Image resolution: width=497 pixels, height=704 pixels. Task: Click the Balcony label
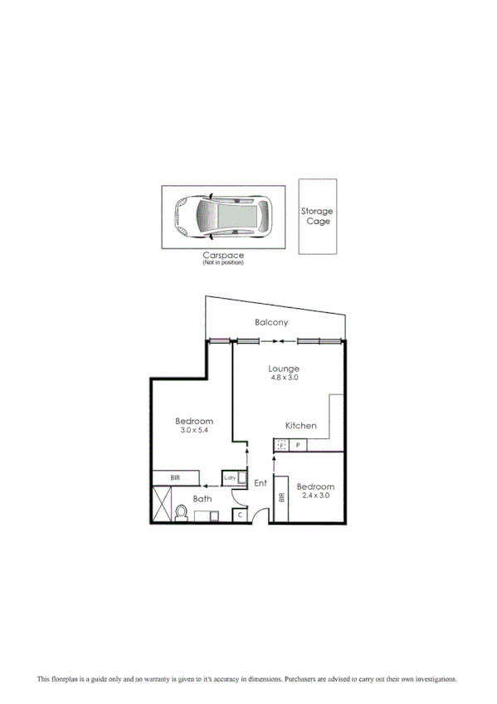pyautogui.click(x=271, y=322)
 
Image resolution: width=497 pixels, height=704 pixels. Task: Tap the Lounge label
pyautogui.click(x=284, y=369)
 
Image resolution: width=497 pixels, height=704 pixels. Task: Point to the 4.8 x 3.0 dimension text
pyautogui.click(x=284, y=378)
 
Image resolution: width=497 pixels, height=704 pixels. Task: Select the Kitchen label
pyautogui.click(x=301, y=426)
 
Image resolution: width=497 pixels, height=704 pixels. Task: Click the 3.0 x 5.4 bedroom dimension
pyautogui.click(x=195, y=431)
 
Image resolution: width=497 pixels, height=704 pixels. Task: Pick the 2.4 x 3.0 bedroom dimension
pyautogui.click(x=316, y=496)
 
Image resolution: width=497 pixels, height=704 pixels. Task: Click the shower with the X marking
pyautogui.click(x=161, y=504)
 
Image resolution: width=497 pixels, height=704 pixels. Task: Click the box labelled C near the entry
pyautogui.click(x=240, y=516)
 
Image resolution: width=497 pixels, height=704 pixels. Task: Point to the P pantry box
pyautogui.click(x=297, y=446)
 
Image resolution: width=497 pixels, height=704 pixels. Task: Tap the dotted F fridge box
pyautogui.click(x=281, y=446)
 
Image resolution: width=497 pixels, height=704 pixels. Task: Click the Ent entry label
pyautogui.click(x=260, y=483)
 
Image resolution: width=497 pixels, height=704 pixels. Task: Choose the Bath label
pyautogui.click(x=202, y=499)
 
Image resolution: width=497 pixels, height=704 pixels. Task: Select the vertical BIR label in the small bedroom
pyautogui.click(x=282, y=497)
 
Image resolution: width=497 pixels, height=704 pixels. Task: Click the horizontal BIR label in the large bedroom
pyautogui.click(x=175, y=478)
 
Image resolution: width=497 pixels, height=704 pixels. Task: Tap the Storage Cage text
pyautogui.click(x=317, y=217)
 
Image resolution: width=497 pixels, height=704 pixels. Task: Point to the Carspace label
pyautogui.click(x=222, y=256)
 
